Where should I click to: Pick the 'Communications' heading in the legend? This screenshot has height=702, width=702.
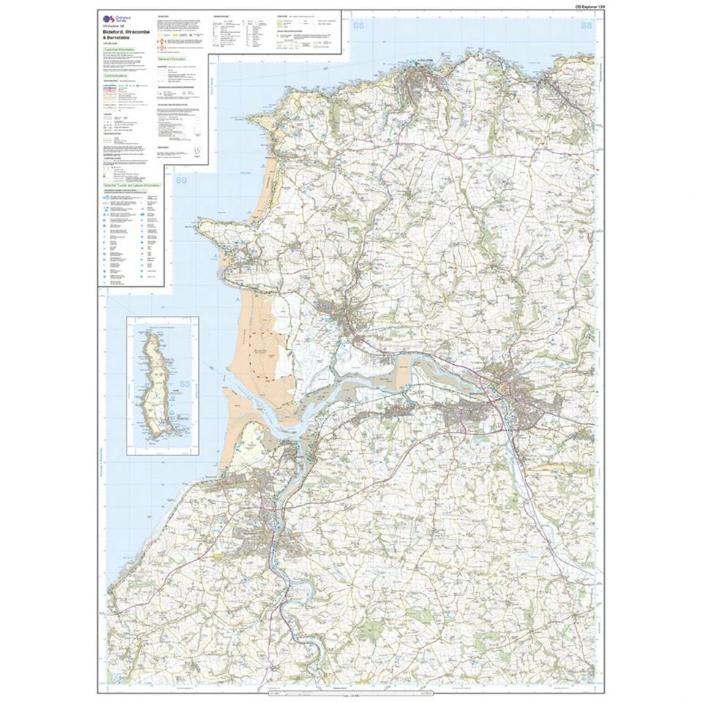pyautogui.click(x=116, y=75)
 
